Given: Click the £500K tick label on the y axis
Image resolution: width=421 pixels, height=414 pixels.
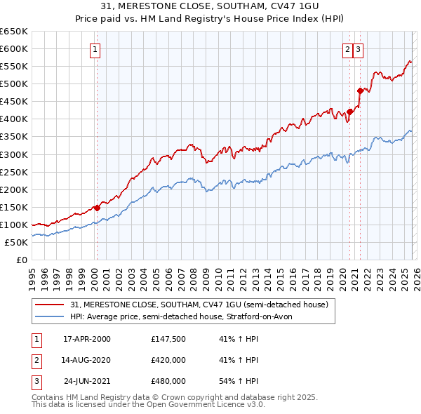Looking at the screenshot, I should click(14, 84).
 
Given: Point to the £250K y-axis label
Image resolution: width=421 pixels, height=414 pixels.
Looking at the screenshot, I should click(14, 172).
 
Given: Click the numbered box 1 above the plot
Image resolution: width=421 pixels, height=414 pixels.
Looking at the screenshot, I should click(95, 49).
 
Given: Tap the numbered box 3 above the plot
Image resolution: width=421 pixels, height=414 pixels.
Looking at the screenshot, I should click(358, 49).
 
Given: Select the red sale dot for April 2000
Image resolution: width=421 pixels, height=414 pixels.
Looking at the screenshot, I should click(97, 208).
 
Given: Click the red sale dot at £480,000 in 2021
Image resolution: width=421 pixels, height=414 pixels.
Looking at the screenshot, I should click(360, 91).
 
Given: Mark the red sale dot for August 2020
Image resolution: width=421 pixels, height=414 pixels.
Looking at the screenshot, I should click(349, 112).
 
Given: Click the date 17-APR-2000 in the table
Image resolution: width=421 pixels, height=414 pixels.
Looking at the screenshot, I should click(87, 339).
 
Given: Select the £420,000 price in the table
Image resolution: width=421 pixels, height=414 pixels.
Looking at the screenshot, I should click(168, 360).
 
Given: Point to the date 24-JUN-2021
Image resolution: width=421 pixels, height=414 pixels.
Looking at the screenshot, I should click(87, 381).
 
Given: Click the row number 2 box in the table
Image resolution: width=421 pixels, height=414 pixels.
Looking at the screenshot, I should click(36, 360).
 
